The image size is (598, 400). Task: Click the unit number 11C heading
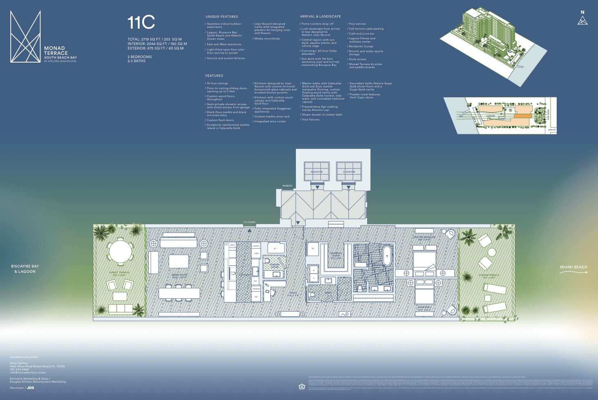141,22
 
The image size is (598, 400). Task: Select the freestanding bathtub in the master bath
387,256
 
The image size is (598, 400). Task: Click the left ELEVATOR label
316,172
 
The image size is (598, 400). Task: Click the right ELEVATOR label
349,172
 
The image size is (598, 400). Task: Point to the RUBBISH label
287,186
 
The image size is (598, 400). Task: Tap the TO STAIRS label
249,222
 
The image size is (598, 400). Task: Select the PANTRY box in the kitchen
256,246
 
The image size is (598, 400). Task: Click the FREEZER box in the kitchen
256,289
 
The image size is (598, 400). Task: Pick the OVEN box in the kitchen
256,254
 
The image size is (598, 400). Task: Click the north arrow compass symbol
582,19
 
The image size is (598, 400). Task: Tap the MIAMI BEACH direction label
574,267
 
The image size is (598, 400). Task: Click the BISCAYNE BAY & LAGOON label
25,269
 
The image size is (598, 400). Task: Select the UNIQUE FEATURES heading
222,17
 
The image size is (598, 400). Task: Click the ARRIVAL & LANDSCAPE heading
320,17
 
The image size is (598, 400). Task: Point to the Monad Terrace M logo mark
25,36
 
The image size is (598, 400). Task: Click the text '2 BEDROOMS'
140,57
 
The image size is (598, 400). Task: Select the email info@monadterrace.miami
28,373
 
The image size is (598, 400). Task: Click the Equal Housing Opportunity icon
302,386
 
